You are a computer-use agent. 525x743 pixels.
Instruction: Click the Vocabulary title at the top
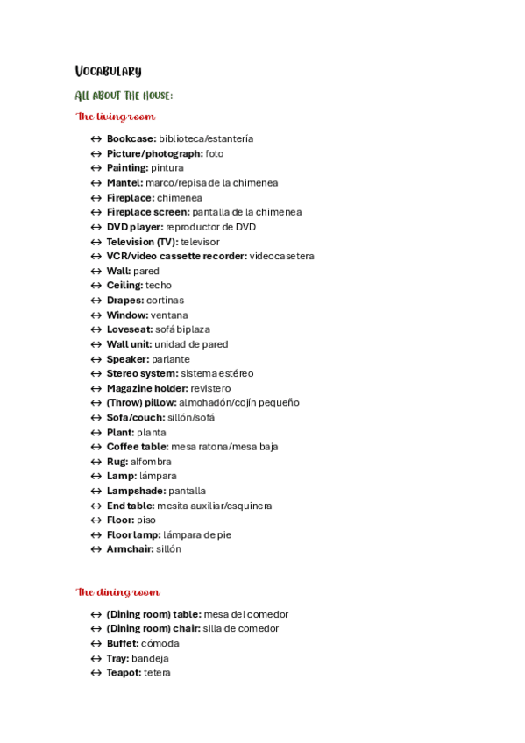108,71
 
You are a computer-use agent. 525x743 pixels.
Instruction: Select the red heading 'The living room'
116,117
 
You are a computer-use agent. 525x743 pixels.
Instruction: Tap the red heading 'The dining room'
117,592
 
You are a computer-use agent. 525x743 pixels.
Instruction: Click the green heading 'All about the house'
124,95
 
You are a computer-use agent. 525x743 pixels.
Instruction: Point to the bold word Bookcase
131,138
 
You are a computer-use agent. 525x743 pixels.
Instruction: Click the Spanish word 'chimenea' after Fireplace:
180,198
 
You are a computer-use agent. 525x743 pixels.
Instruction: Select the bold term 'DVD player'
135,227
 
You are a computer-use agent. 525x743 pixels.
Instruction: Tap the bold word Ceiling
124,286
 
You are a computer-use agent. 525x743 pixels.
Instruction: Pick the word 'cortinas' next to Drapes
165,301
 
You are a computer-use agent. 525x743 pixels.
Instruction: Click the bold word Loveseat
129,329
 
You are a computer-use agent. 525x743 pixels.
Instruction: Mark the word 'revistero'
210,388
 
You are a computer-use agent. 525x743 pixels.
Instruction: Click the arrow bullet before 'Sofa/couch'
96,418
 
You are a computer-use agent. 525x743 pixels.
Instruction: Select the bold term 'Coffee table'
137,447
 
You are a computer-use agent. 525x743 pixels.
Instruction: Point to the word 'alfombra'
151,462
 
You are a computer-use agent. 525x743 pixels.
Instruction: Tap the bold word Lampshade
136,492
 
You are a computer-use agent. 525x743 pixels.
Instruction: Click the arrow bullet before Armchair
96,549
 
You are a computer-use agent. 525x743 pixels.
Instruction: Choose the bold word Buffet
122,644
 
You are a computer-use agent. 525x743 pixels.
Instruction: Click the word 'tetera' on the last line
157,673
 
